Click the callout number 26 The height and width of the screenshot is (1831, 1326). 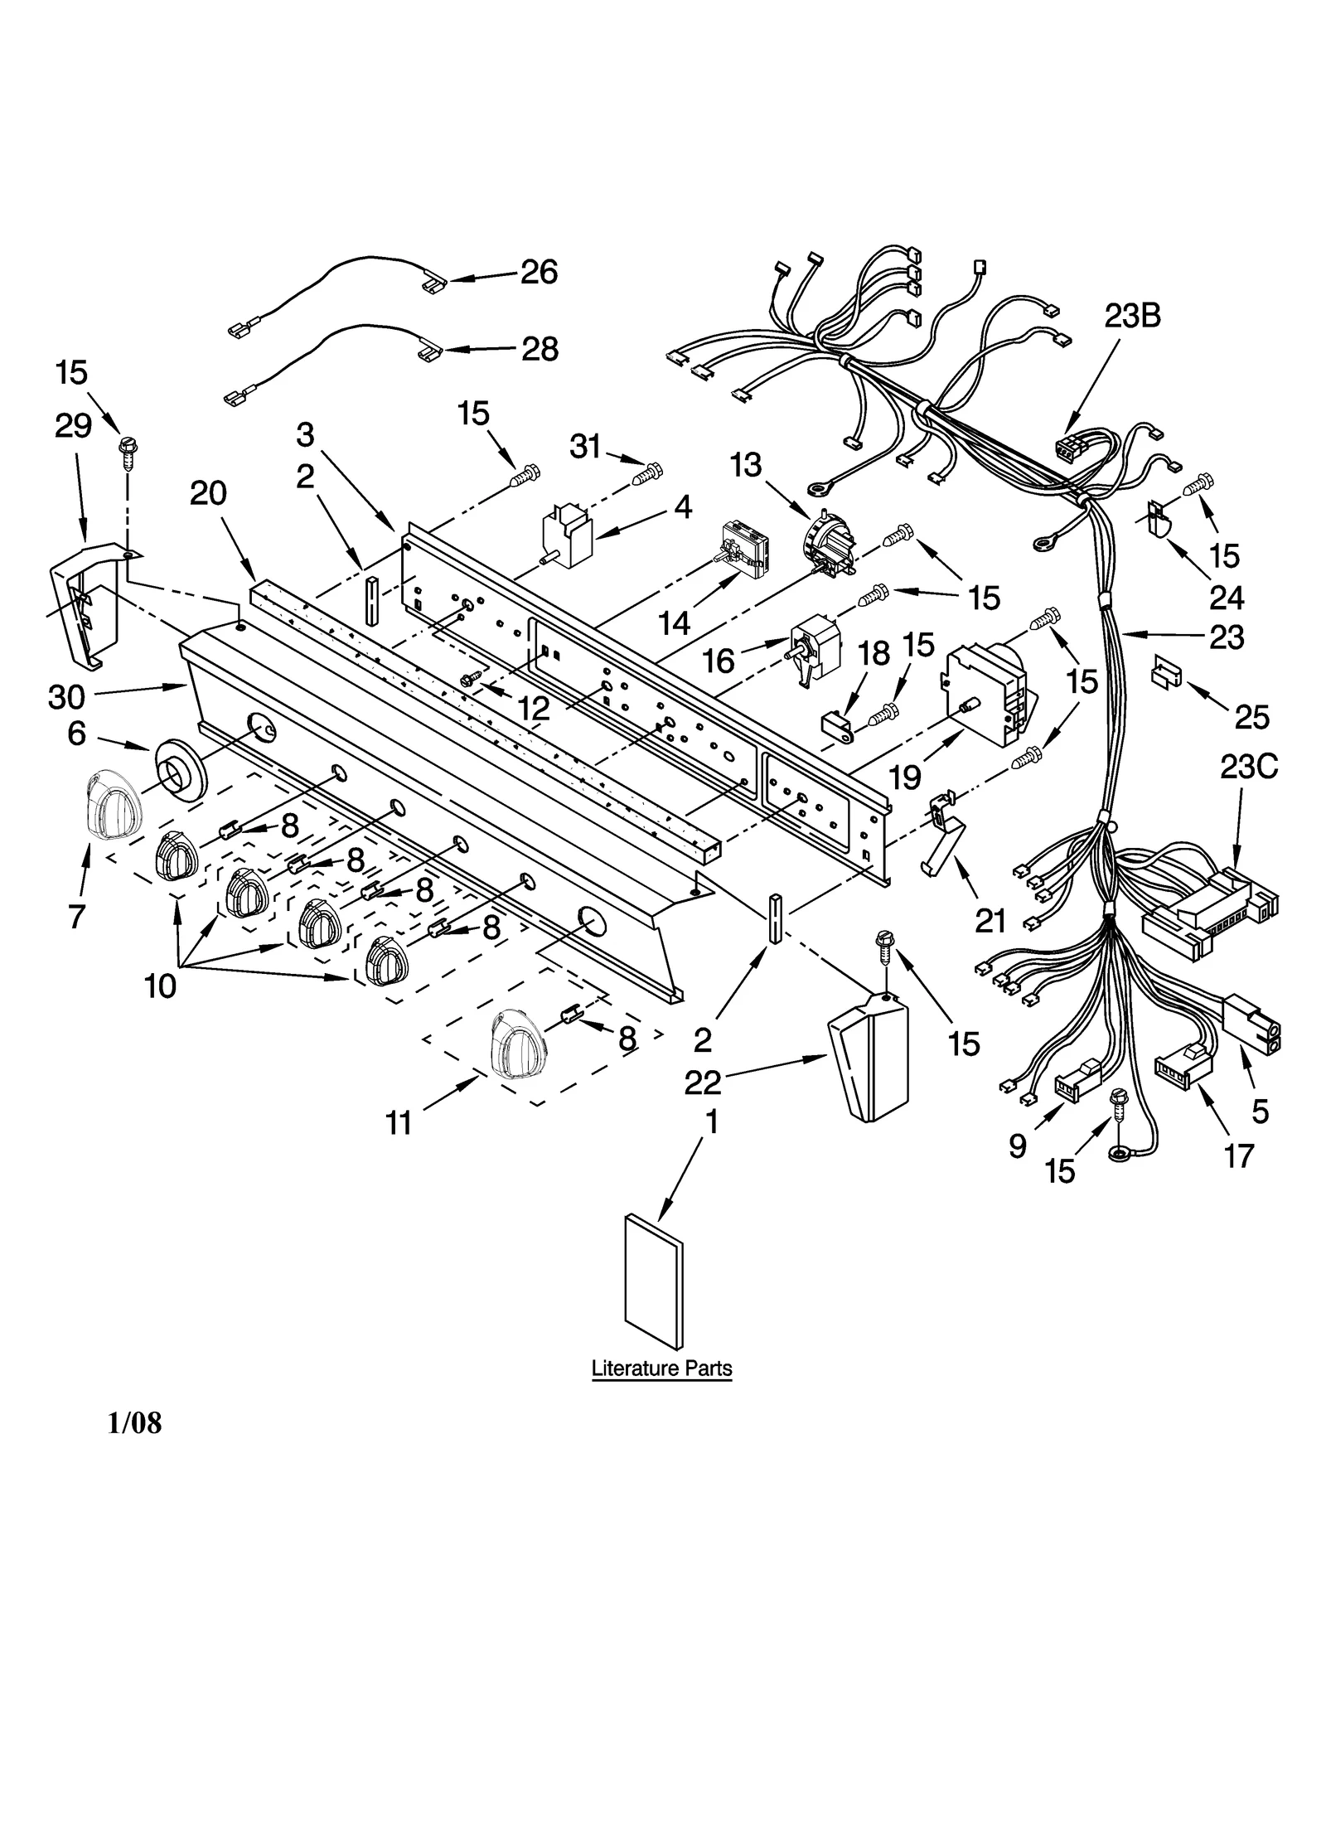(x=539, y=273)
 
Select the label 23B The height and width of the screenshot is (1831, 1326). (x=1131, y=316)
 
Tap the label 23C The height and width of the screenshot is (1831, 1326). (x=1248, y=768)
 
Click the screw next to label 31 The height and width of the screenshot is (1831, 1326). (x=647, y=474)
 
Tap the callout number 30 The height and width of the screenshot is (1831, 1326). (x=66, y=697)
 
